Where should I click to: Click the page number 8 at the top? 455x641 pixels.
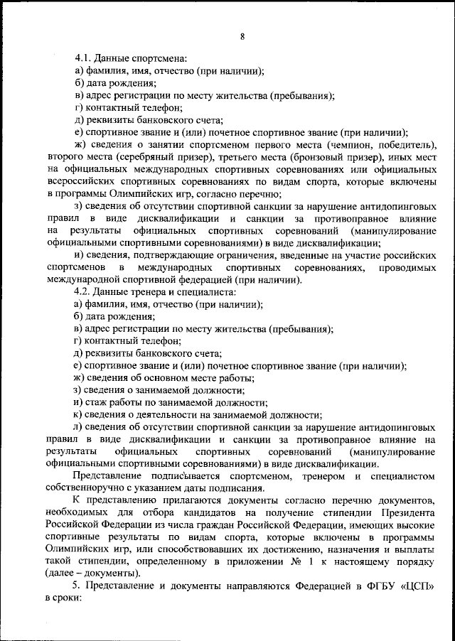pos(242,37)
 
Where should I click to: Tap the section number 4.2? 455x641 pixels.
pos(85,292)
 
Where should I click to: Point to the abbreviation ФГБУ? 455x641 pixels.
pos(376,584)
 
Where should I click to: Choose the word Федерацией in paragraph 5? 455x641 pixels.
pos(309,584)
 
